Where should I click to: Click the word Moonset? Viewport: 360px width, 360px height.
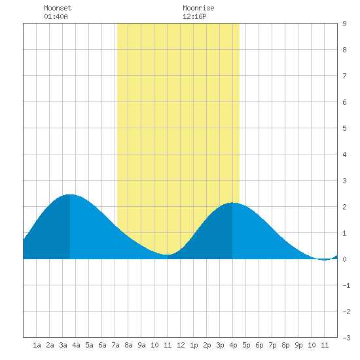[58, 8]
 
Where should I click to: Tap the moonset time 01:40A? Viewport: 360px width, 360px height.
[56, 16]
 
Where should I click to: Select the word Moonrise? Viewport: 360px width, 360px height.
[198, 8]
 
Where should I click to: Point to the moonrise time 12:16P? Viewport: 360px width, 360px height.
[194, 16]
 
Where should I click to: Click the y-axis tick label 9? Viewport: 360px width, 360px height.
[344, 24]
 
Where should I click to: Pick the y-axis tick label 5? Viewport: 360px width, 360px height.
[344, 128]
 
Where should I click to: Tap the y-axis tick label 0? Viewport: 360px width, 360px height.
[344, 259]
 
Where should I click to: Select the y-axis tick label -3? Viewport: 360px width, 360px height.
[346, 338]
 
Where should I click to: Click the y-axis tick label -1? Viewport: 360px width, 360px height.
[346, 285]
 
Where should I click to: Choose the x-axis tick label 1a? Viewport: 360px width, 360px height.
[37, 345]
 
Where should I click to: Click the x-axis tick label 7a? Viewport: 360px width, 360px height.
[115, 345]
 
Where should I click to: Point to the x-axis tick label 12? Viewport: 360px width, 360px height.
[181, 345]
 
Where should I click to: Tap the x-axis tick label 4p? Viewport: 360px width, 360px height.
[233, 345]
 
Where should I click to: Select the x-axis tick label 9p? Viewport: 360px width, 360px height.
[298, 345]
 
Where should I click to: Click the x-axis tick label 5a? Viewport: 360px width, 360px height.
[89, 345]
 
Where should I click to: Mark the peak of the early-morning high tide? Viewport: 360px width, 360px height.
[70, 194]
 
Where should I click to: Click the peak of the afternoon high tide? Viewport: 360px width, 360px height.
[232, 202]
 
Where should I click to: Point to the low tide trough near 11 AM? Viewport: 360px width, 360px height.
[167, 255]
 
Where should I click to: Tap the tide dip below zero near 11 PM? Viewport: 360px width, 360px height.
[324, 260]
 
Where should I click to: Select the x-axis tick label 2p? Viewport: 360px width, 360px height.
[207, 345]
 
